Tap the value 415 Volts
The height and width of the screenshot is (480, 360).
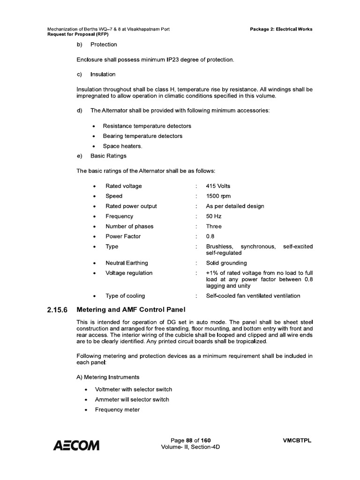coord(218,186)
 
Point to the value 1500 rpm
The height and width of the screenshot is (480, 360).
coord(218,196)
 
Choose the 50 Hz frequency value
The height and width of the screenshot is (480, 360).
coord(214,216)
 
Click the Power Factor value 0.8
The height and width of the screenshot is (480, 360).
coord(210,236)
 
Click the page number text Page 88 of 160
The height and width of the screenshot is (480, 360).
coord(191,440)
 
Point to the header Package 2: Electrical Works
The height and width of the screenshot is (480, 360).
coord(282,29)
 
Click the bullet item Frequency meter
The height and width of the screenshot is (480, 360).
coord(117,410)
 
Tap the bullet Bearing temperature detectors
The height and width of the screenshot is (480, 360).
coord(139,136)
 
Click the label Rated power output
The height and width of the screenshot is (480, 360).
coord(131,206)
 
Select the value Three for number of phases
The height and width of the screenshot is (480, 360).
coord(214,226)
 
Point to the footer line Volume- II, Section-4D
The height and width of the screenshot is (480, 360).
coord(190,447)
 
